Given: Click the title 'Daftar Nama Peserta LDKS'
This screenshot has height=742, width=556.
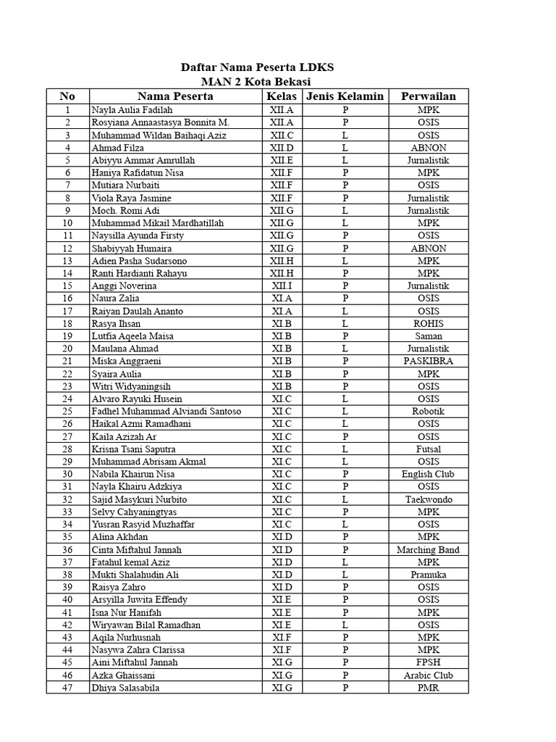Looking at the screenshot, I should [x=257, y=67].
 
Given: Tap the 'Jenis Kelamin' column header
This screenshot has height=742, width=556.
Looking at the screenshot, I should [x=345, y=96].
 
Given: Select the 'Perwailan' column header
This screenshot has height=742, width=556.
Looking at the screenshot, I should [x=428, y=96].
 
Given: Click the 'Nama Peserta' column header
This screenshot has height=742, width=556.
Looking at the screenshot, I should [x=175, y=96].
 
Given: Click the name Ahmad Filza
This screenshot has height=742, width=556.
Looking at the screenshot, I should [x=117, y=148].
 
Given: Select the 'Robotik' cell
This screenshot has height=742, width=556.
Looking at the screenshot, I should [x=428, y=412].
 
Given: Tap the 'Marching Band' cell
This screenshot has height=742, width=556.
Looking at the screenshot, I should [x=428, y=550].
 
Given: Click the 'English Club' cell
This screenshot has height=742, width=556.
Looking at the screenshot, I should [x=428, y=475].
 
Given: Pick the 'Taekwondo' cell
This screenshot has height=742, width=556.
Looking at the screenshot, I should [x=428, y=500].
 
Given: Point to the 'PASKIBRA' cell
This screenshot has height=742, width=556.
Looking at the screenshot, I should [x=428, y=361].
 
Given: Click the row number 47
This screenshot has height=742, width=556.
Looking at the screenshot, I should [x=67, y=688].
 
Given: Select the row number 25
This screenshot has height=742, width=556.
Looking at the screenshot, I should [x=67, y=412].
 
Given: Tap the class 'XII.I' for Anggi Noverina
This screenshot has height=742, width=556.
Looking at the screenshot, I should [x=282, y=285].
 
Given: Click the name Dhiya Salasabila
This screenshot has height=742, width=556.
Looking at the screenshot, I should [x=125, y=688].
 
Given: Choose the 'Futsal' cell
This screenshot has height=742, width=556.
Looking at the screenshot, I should [x=428, y=449].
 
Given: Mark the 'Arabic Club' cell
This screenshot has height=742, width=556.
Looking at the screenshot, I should [x=428, y=675].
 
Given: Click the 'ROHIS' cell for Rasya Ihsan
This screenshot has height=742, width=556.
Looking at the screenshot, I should [x=428, y=324].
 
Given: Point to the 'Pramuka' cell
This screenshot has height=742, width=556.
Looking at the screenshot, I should [x=428, y=575].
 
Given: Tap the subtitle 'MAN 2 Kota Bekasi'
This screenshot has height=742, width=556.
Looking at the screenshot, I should [x=257, y=82].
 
